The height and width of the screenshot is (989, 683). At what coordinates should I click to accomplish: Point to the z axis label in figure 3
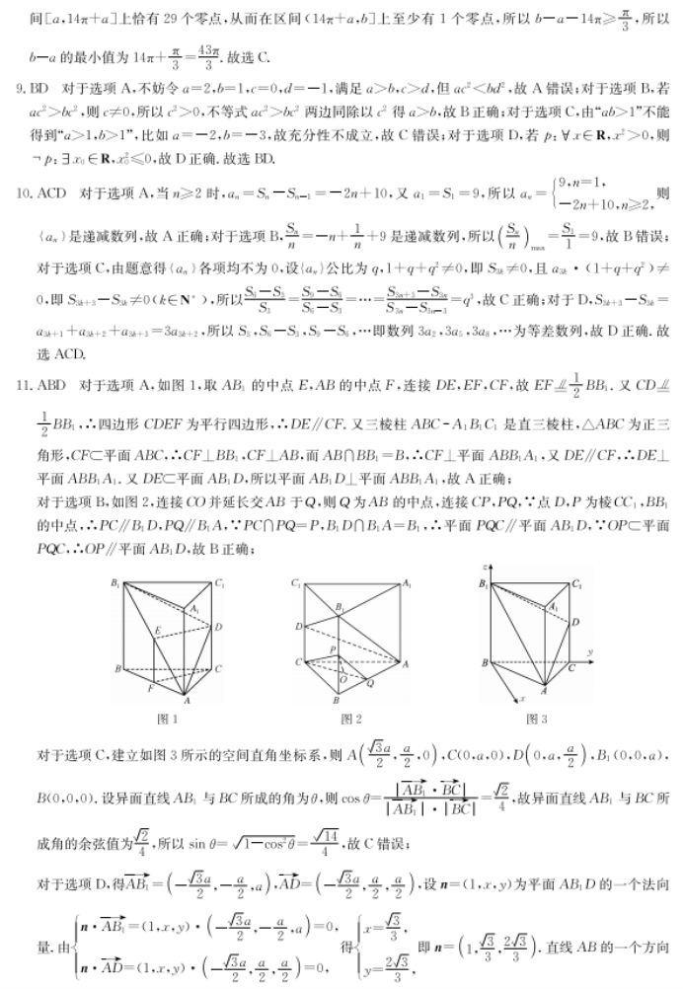(486, 571)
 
